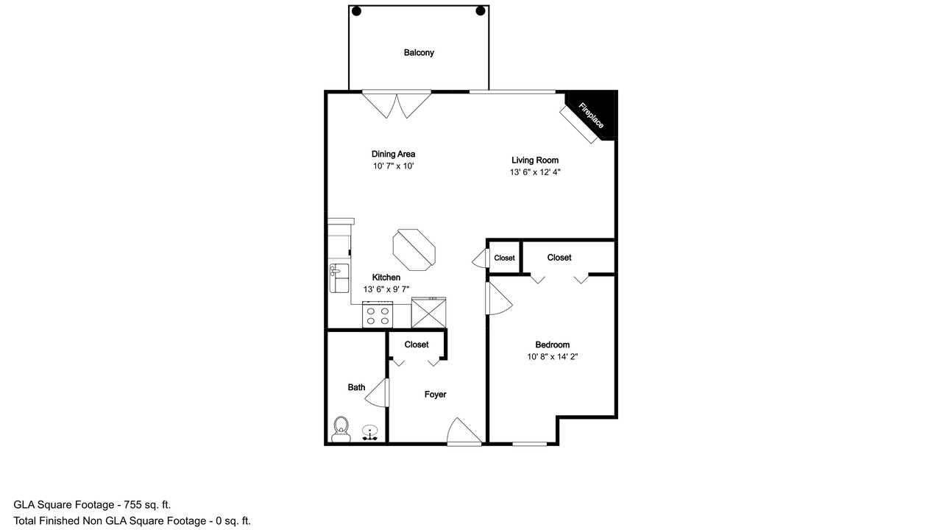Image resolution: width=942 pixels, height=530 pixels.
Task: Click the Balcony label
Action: pyautogui.click(x=419, y=52)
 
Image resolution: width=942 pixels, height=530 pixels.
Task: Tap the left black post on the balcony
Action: pyautogui.click(x=356, y=11)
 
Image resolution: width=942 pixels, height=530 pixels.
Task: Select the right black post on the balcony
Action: pyautogui.click(x=481, y=11)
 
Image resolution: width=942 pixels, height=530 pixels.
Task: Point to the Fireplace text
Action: pyautogui.click(x=591, y=116)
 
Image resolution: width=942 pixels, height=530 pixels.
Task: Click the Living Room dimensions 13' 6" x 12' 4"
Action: pyautogui.click(x=535, y=172)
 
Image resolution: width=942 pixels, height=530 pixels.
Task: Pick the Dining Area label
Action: pyautogui.click(x=393, y=154)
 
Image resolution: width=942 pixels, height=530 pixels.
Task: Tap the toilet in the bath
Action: pyautogui.click(x=341, y=429)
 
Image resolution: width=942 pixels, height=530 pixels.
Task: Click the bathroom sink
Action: pyautogui.click(x=369, y=433)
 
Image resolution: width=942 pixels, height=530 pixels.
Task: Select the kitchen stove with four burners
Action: pyautogui.click(x=378, y=314)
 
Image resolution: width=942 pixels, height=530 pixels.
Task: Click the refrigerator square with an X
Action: pyautogui.click(x=428, y=313)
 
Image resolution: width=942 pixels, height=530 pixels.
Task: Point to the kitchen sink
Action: pyautogui.click(x=339, y=278)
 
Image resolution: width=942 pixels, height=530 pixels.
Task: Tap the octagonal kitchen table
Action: pyautogui.click(x=414, y=250)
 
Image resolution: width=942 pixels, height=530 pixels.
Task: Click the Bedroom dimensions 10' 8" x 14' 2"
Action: pyautogui.click(x=553, y=357)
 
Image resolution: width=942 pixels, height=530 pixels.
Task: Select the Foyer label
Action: pyautogui.click(x=435, y=395)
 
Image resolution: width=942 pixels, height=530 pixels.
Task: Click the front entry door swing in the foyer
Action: pyautogui.click(x=464, y=431)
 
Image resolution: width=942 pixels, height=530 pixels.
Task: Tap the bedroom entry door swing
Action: pyautogui.click(x=499, y=298)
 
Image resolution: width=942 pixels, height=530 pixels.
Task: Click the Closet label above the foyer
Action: pyautogui.click(x=417, y=344)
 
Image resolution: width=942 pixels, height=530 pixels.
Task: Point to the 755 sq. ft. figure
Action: pyautogui.click(x=147, y=505)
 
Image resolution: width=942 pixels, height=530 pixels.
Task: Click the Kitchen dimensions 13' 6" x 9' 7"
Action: pyautogui.click(x=386, y=289)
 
